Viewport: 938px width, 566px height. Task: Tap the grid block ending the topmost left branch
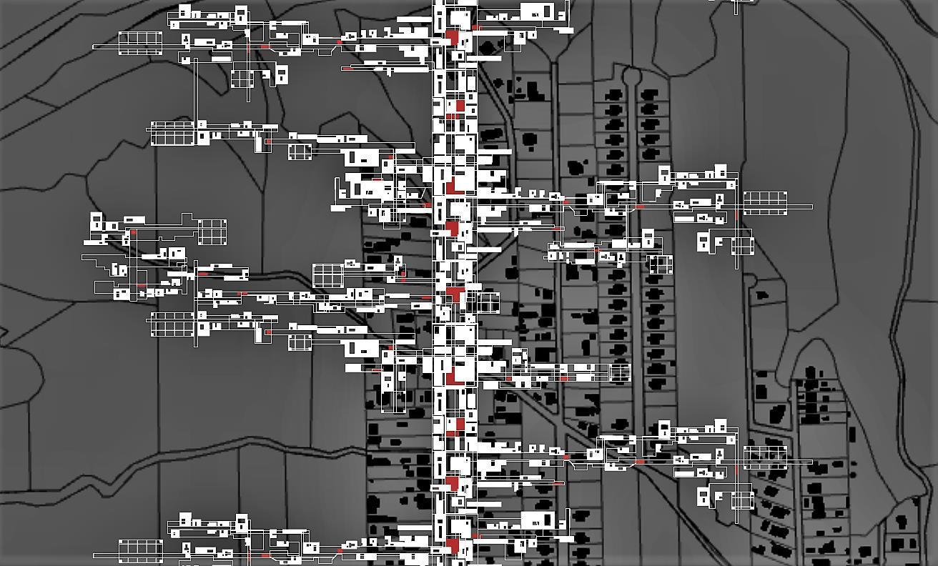pyautogui.click(x=140, y=42)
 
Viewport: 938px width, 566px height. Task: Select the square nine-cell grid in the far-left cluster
pyautogui.click(x=212, y=232)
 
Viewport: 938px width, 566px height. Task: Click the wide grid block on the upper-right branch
pyautogui.click(x=765, y=202)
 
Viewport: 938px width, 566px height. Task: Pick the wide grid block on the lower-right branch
pyautogui.click(x=765, y=457)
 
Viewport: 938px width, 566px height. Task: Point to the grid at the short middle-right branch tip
pyautogui.click(x=620, y=372)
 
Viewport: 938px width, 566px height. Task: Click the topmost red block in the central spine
pyautogui.click(x=452, y=36)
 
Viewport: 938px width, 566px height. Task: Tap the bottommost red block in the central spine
pyautogui.click(x=452, y=547)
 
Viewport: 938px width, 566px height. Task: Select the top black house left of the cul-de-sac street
pyautogui.click(x=613, y=94)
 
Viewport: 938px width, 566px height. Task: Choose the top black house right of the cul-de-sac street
pyautogui.click(x=650, y=94)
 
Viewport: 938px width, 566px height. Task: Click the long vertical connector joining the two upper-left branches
pyautogui.click(x=196, y=93)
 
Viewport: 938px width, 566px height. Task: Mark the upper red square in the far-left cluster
pyautogui.click(x=134, y=232)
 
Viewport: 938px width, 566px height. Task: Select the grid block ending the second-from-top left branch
pyautogui.click(x=172, y=134)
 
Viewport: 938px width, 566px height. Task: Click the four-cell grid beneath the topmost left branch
pyautogui.click(x=242, y=78)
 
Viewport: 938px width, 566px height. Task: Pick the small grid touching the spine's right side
pyautogui.click(x=488, y=302)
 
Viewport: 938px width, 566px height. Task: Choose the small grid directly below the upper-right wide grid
pyautogui.click(x=742, y=245)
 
